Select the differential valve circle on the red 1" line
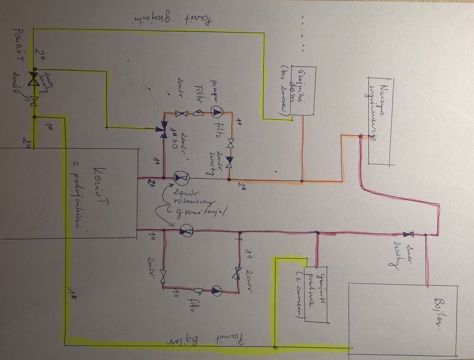click(186, 231)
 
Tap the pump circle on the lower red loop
click(216, 290)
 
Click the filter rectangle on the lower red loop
click(198, 290)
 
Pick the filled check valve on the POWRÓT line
click(34, 79)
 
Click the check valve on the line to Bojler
click(408, 234)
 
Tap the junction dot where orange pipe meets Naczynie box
click(361, 136)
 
